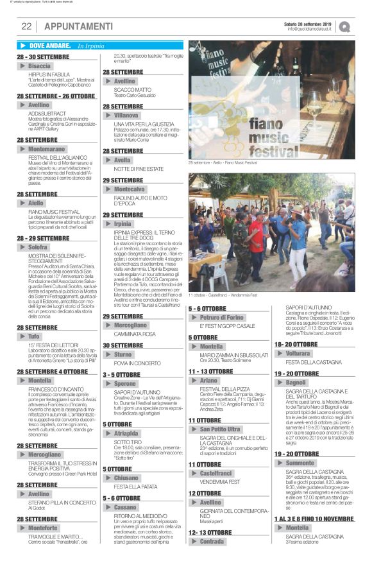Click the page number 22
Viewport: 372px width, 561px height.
pyautogui.click(x=26, y=26)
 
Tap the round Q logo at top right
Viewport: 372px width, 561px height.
pyautogui.click(x=345, y=27)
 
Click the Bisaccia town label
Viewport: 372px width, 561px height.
pyautogui.click(x=40, y=66)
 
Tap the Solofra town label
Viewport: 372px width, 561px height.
pyautogui.click(x=38, y=246)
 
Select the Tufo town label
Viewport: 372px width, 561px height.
pyautogui.click(x=34, y=336)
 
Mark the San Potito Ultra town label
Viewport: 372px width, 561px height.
pyautogui.click(x=220, y=429)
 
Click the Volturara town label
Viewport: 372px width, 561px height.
pyautogui.click(x=298, y=353)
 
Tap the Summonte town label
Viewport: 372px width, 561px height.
pyautogui.click(x=300, y=462)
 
